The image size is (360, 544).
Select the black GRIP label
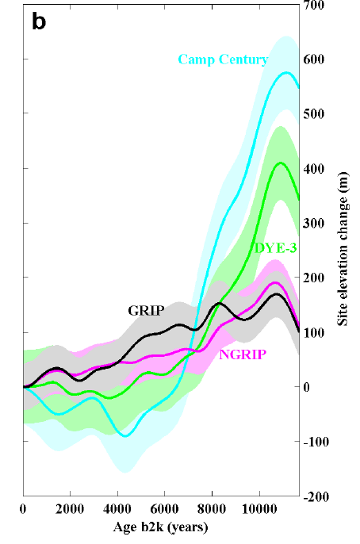[x=145, y=310]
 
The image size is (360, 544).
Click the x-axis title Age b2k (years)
[x=160, y=525]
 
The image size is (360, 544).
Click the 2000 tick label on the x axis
[x=70, y=509]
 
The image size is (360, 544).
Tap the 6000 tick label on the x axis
[x=164, y=509]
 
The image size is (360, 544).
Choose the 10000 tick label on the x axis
[x=259, y=509]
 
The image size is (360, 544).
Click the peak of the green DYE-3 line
[x=280, y=163]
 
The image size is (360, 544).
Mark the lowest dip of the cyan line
[x=124, y=435]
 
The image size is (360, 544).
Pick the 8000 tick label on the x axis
[x=212, y=509]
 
